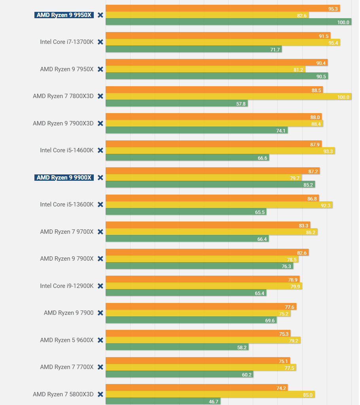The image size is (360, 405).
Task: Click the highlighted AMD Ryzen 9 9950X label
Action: point(64,15)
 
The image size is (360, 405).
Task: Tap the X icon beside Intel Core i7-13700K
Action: point(100,42)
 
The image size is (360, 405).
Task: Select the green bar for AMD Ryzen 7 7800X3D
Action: point(176,104)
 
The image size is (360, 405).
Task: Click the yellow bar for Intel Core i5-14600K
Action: point(220,151)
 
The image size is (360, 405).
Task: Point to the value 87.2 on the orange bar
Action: point(313,171)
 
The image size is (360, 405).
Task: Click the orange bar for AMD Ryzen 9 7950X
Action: point(216,62)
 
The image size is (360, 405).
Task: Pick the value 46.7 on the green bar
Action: point(213,401)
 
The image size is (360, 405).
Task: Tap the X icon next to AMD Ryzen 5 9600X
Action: point(100,340)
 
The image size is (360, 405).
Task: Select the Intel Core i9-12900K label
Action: point(66,286)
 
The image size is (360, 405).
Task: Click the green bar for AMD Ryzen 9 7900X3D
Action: point(197,131)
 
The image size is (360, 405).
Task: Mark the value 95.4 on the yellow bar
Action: point(333,43)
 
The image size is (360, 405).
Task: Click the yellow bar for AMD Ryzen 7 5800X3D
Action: point(210,394)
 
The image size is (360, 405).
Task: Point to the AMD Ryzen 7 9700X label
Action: point(66,232)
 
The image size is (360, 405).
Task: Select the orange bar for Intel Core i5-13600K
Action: point(212,198)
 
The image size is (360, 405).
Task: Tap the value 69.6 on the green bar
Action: point(270,320)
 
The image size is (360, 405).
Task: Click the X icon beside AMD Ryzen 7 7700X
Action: point(100,367)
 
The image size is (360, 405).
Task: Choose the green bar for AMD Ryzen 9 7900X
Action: point(199,266)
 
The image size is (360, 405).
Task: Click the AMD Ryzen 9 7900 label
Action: point(68,313)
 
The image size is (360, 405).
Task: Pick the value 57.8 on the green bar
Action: point(241,104)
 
